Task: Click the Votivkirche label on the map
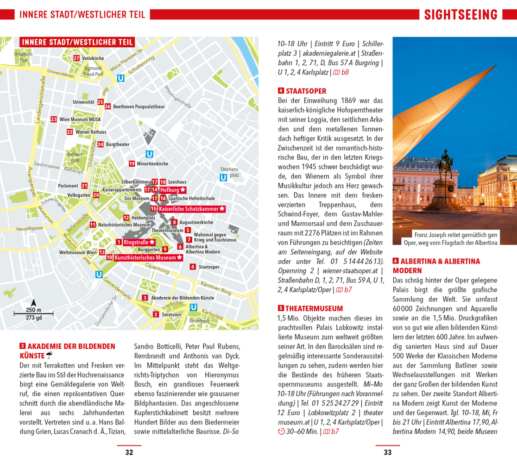(93, 58)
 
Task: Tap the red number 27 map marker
(76, 58)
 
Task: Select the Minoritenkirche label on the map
(152, 163)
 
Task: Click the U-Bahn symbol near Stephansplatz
(223, 177)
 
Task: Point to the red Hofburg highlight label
(172, 190)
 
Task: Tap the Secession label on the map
(171, 314)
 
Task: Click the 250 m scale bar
(33, 314)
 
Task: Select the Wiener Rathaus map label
(91, 132)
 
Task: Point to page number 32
(129, 452)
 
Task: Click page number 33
(387, 452)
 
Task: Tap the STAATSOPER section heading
(306, 91)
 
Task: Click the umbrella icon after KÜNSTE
(50, 356)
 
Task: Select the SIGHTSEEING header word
(460, 15)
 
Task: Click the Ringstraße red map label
(139, 242)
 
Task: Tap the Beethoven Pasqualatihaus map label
(139, 106)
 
